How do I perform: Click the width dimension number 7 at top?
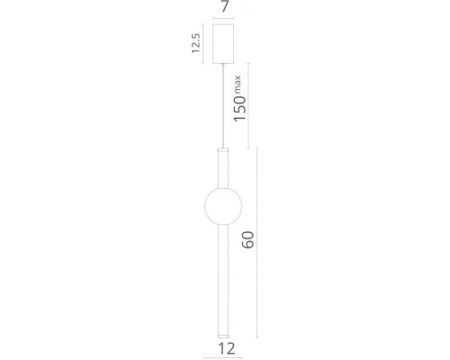coord(224,7)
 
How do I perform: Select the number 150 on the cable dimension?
coord(239,107)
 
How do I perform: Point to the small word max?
coord(238,83)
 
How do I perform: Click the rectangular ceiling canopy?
coord(224,44)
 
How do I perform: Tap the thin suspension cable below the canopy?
coord(224,103)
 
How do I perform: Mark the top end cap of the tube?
coord(224,147)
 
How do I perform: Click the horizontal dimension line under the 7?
coord(224,20)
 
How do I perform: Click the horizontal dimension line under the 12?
coord(224,337)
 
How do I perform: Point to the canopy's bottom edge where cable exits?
coord(224,63)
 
